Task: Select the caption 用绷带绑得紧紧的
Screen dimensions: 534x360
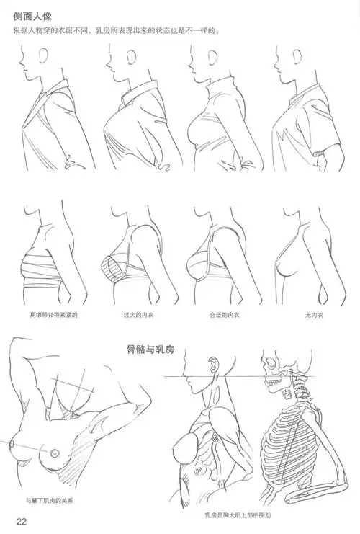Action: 53,315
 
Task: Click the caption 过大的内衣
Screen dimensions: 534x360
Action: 139,315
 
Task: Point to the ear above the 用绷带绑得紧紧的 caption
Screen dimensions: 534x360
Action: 45,221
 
